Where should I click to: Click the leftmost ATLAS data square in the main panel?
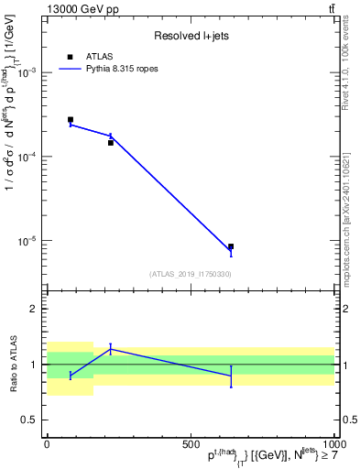coord(71,120)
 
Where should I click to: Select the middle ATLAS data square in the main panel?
coord(111,143)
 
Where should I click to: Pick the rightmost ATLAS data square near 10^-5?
coord(231,246)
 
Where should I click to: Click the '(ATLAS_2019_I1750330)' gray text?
coord(190,274)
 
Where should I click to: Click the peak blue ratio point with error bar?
coord(111,348)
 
